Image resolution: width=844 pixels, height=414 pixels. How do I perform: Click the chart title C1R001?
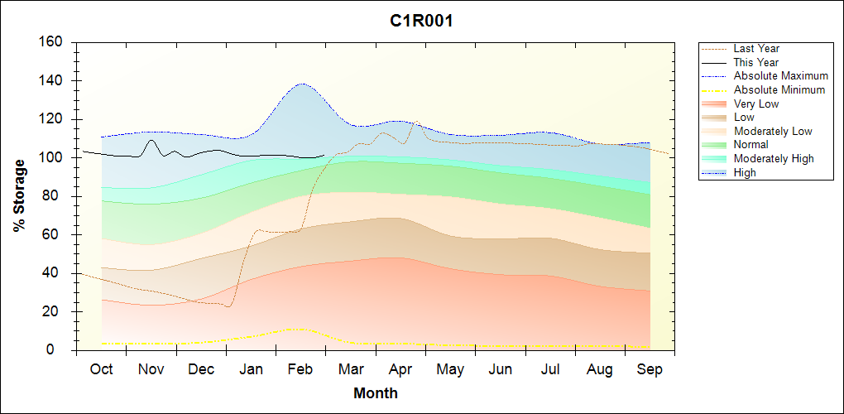(421, 22)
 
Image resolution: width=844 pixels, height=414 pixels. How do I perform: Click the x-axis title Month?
(376, 393)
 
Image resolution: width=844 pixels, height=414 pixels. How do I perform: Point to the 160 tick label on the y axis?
(52, 42)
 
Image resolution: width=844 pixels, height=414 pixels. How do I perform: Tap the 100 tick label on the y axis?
(52, 158)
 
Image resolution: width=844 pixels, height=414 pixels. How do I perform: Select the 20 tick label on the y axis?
(55, 312)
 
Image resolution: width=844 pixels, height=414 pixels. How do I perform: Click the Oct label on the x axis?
(101, 369)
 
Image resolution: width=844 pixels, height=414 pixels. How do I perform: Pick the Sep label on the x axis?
(650, 369)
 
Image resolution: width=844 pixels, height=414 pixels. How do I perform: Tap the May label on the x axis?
(450, 369)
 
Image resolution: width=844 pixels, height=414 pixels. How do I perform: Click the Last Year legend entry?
(756, 49)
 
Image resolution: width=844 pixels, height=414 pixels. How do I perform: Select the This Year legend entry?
(755, 62)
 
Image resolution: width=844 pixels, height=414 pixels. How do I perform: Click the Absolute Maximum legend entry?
(780, 76)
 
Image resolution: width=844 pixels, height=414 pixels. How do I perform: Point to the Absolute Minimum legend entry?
(779, 89)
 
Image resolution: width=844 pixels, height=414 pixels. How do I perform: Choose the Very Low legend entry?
(756, 103)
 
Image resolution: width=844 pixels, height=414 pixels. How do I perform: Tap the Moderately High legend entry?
(774, 158)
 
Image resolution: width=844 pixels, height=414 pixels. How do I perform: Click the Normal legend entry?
(750, 145)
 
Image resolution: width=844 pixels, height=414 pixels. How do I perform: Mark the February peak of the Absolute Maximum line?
(302, 84)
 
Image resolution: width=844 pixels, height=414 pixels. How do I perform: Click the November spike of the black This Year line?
(151, 140)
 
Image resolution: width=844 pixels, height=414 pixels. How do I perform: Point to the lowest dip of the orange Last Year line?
(228, 306)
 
